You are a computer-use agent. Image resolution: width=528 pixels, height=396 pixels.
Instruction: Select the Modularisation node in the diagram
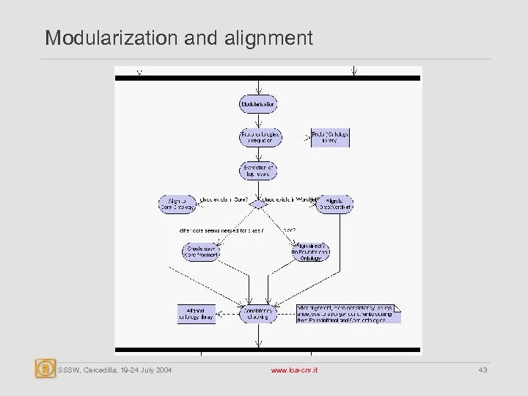coord(257,104)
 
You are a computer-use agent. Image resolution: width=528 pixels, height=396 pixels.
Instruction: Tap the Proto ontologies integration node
coord(257,137)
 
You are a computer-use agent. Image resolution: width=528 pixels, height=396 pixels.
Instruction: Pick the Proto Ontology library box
coord(330,137)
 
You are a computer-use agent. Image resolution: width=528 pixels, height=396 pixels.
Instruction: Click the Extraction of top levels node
coord(257,171)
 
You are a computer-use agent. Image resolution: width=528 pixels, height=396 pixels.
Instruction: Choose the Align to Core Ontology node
coord(177,203)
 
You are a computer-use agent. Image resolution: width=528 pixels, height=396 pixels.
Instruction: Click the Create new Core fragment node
coord(200,252)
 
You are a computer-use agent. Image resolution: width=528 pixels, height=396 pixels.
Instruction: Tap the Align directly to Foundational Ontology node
coord(311,252)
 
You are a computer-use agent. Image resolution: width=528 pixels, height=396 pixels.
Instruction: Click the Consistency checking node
coord(257,314)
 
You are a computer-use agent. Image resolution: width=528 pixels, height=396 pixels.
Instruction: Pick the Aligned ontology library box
coord(195,314)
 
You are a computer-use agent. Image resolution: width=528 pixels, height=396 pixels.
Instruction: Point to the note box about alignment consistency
coord(348,313)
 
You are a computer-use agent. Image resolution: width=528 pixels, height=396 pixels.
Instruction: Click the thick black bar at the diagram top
coord(268,78)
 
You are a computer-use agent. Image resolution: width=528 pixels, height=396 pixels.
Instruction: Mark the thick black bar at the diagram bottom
coord(268,349)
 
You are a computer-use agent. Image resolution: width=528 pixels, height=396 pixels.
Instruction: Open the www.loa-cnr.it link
coord(294,371)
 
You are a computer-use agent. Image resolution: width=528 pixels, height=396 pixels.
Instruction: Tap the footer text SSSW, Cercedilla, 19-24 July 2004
coord(115,371)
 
